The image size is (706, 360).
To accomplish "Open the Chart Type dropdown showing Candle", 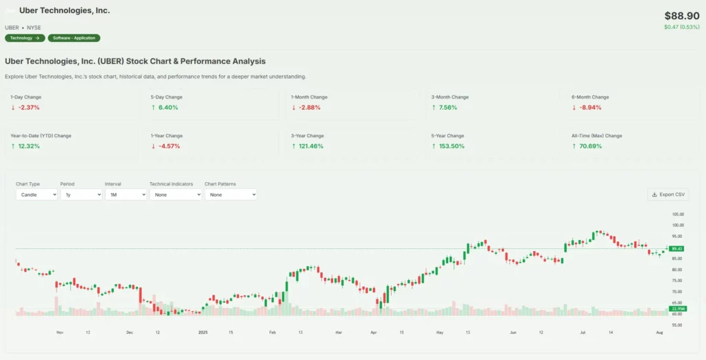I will [37, 194].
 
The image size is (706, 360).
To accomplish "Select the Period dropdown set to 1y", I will [81, 194].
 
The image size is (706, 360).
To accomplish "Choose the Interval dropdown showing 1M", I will [125, 194].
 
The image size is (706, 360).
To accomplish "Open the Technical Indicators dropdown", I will [175, 194].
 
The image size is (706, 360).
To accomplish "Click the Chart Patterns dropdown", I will [230, 194].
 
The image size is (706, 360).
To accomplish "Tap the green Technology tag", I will [25, 38].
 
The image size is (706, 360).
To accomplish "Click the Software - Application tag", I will [74, 38].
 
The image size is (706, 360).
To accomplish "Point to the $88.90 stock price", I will [682, 16].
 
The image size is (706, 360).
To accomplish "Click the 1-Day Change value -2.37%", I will [28, 108].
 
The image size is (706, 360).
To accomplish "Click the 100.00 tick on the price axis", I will [678, 225].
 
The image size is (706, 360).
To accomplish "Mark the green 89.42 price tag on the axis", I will [677, 248].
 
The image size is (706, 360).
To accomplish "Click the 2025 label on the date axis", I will [203, 332].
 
